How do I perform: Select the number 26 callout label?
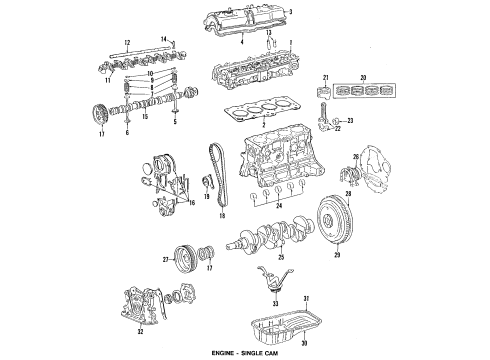[x=352, y=156]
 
